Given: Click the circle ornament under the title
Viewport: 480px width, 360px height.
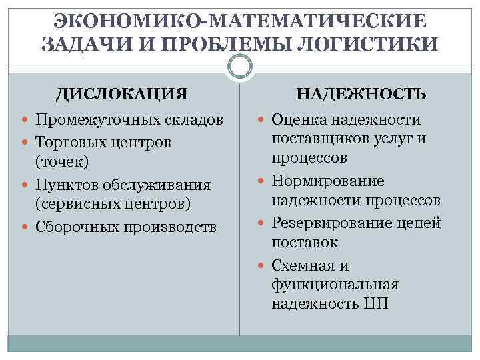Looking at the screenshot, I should tap(239, 67).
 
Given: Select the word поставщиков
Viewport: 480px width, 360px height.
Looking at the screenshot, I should tap(317, 139).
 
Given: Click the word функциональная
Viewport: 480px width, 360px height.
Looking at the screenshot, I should tap(335, 285).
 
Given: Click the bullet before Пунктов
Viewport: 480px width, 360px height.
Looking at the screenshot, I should tap(25, 184).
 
